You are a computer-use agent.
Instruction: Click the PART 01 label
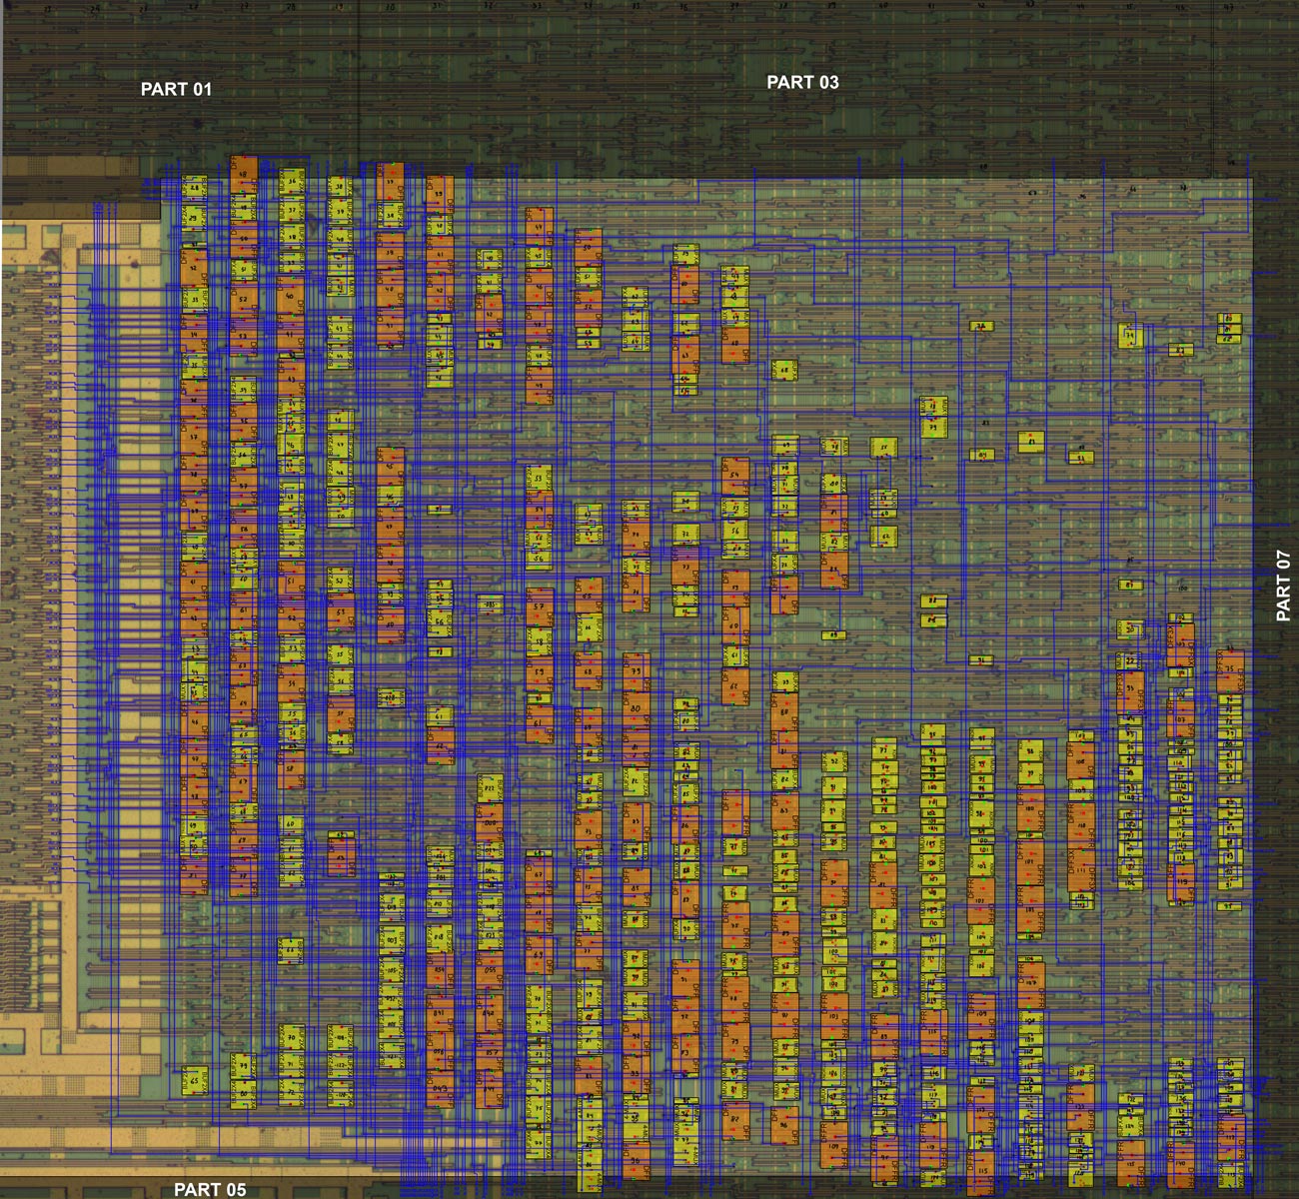(x=176, y=89)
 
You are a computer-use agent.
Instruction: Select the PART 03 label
(x=802, y=82)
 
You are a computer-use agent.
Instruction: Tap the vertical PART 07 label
(x=1284, y=586)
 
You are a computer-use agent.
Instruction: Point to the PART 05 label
(x=210, y=1189)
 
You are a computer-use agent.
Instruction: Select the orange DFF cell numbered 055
(x=490, y=971)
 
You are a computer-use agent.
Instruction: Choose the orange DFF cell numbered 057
(x=490, y=1052)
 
